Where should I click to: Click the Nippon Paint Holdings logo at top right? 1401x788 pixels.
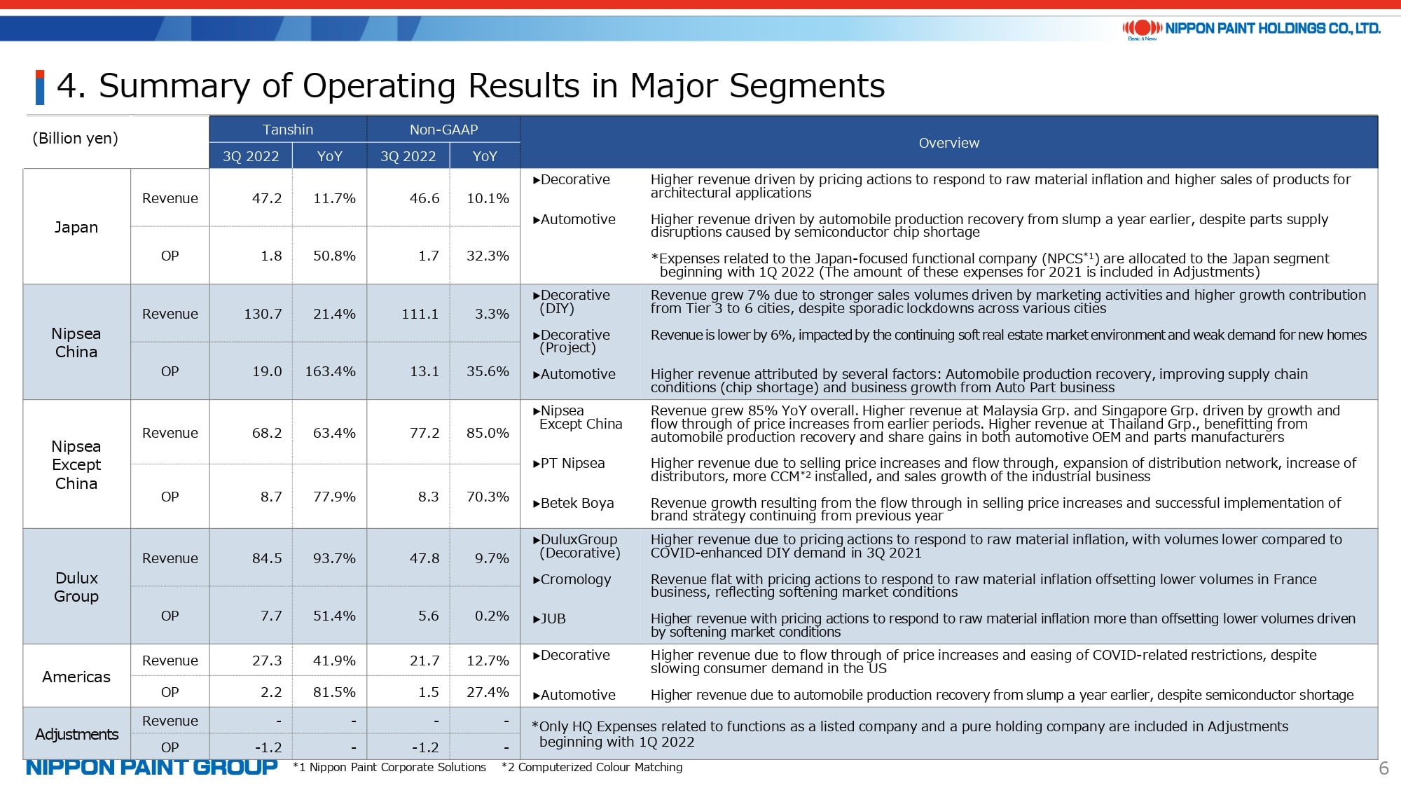click(1251, 29)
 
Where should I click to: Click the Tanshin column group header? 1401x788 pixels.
click(288, 130)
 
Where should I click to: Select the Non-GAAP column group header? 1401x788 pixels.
click(443, 130)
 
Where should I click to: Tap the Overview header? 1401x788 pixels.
click(948, 143)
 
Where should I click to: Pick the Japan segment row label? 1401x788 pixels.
click(76, 227)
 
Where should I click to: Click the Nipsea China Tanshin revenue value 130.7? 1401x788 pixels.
click(263, 314)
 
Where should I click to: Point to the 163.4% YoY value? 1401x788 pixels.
click(330, 371)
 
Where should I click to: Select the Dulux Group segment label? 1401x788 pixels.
click(76, 587)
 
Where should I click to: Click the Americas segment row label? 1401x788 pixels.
click(76, 677)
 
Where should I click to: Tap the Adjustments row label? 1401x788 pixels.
click(77, 734)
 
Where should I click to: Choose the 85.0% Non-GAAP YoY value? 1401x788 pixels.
click(488, 433)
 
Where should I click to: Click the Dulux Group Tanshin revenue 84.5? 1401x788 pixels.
click(267, 558)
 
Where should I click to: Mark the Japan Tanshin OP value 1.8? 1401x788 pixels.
click(271, 256)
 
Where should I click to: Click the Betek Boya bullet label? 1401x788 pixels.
click(573, 503)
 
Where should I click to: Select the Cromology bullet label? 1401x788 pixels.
click(572, 579)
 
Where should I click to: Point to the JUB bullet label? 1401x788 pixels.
click(549, 618)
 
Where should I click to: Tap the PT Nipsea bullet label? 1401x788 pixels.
click(568, 463)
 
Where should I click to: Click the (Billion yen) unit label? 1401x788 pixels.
click(75, 138)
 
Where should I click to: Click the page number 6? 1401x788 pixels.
click(1383, 768)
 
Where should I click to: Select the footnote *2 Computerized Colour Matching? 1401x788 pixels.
click(592, 767)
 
